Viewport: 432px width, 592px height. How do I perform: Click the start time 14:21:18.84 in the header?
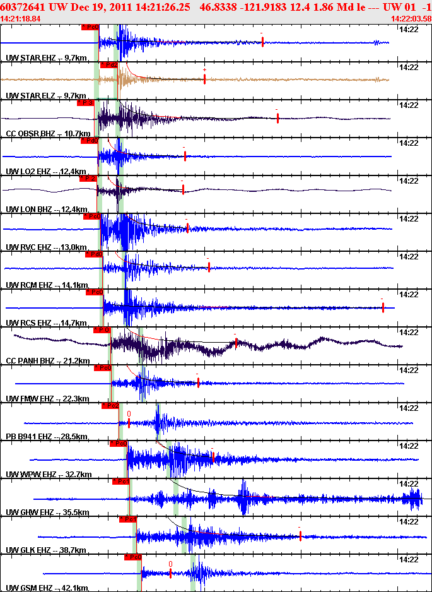tap(21, 19)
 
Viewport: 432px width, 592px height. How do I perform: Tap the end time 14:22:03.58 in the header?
tap(411, 19)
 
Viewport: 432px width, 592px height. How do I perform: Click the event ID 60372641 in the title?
tap(22, 7)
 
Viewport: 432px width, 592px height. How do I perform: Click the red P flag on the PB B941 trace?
tap(110, 406)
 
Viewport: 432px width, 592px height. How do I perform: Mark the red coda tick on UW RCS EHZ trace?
tap(383, 307)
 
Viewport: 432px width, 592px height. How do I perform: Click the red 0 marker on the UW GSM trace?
tap(170, 564)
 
